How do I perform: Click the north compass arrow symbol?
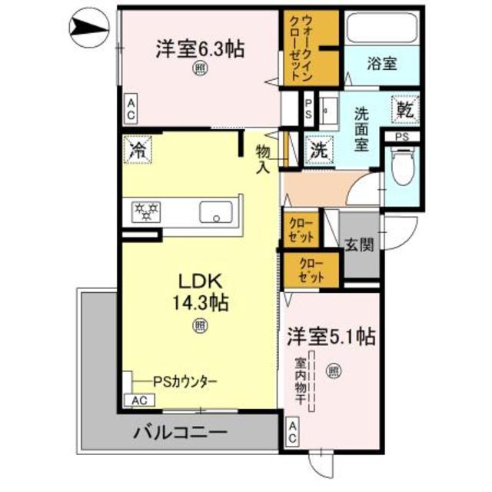pos(87,28)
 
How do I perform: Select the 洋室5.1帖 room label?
pos(331,335)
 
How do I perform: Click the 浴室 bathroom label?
pos(381,64)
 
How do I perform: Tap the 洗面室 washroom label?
pos(361,128)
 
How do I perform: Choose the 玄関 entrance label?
pos(359,245)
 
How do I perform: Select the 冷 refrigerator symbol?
pos(139,149)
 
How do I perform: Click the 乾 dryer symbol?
pos(404,110)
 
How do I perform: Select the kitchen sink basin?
pos(218,211)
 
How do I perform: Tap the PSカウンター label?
pos(184,381)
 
